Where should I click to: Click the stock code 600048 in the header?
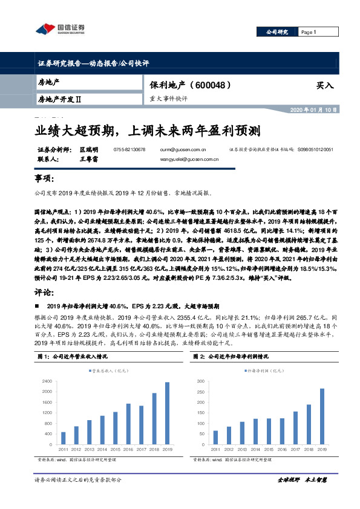click(x=210, y=86)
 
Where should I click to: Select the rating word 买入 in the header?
click(x=325, y=86)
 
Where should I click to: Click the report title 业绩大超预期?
click(x=78, y=129)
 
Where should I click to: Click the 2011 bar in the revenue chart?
click(x=63, y=438)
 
